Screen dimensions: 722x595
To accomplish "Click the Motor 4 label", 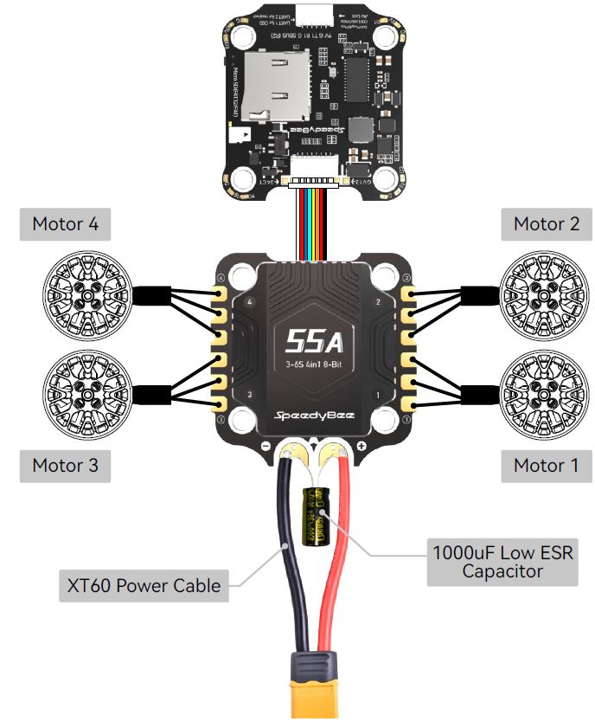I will [65, 224].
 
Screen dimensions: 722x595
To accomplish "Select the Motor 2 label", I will [547, 224].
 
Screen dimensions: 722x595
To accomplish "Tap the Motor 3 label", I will [65, 465].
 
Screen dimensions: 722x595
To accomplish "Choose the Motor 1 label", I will [547, 465].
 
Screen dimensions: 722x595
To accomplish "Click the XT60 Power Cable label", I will [144, 586].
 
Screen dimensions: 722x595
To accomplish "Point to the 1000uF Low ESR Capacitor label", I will [502, 561].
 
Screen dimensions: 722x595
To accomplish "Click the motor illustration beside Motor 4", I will [86, 291].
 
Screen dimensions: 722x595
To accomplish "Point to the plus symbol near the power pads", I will [361, 447].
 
